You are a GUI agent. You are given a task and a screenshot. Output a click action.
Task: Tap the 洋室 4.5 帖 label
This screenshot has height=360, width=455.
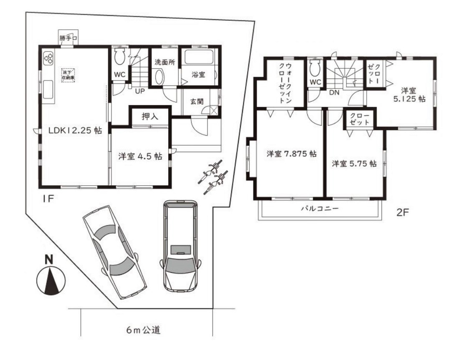click(x=140, y=156)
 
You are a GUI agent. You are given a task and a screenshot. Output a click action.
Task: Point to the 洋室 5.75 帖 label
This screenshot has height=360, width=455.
click(x=354, y=164)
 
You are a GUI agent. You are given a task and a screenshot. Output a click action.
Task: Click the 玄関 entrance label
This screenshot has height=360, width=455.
click(x=197, y=101)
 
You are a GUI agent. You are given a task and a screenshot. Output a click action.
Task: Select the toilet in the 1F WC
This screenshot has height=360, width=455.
click(x=119, y=57)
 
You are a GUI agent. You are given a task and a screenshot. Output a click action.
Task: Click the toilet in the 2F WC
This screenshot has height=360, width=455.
click(x=316, y=67)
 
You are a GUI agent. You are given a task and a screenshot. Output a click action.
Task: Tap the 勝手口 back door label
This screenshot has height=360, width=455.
click(x=68, y=38)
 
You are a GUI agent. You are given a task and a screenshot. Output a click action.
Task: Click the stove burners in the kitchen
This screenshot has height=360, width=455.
click(x=48, y=58)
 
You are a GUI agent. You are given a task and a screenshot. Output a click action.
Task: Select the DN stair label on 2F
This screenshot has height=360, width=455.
click(x=334, y=93)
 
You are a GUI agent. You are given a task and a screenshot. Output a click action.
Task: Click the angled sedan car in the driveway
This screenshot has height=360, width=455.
click(x=114, y=251)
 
